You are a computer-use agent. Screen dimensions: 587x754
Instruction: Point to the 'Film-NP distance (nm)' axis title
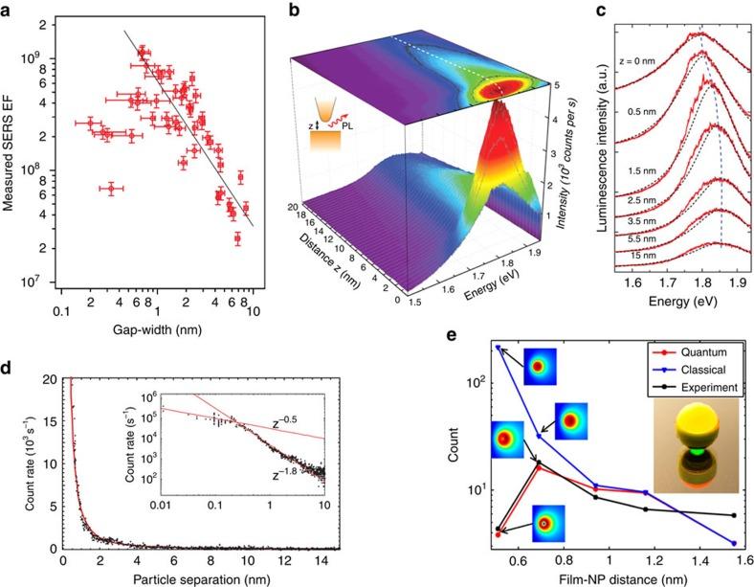coord(610,577)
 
